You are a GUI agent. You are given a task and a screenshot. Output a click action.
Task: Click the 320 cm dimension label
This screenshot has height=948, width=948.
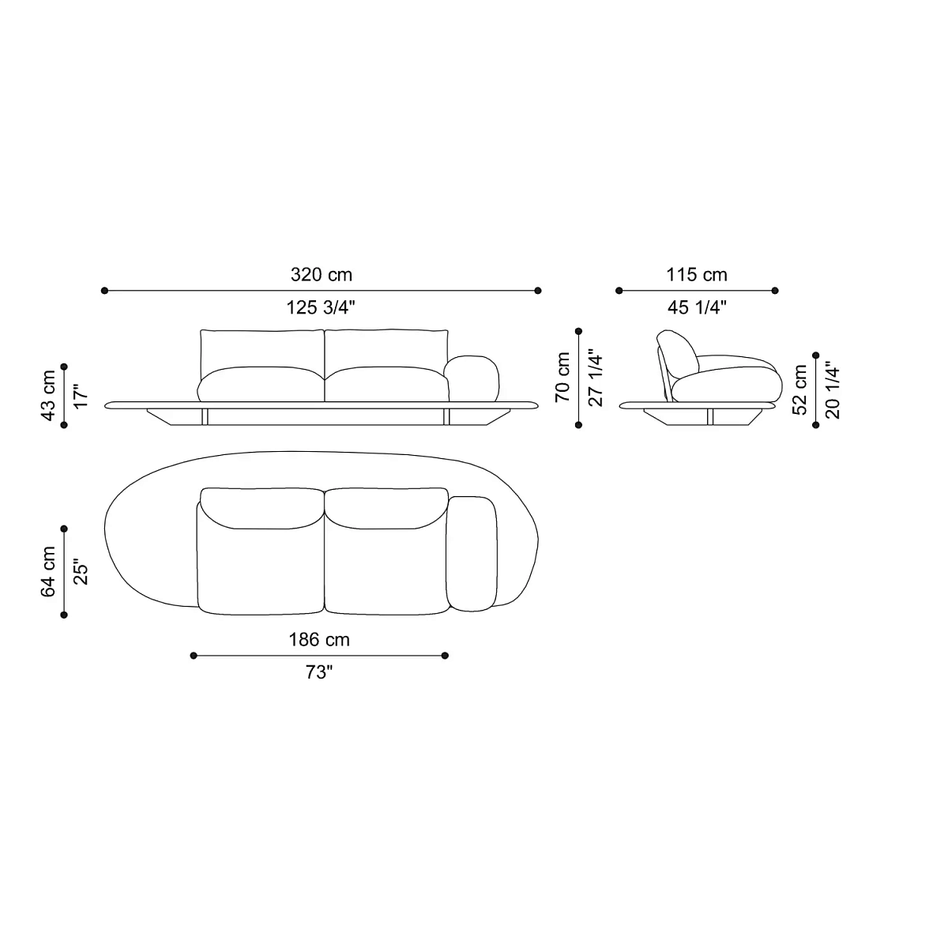321,275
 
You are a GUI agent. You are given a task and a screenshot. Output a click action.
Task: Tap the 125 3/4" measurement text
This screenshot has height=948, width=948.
321,308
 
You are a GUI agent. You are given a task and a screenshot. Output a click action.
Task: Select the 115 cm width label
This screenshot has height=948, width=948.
696,275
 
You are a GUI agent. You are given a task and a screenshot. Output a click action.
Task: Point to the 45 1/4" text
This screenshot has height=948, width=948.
696,308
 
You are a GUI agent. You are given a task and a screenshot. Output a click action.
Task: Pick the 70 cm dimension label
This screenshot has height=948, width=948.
563,378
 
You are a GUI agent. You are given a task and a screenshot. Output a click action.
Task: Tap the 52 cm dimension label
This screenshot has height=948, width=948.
800,389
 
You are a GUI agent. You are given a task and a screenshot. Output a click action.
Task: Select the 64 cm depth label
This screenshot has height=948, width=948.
49,571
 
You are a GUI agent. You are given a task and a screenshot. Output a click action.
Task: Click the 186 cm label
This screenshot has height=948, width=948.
319,640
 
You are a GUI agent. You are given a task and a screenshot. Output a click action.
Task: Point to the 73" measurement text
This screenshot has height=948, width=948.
319,673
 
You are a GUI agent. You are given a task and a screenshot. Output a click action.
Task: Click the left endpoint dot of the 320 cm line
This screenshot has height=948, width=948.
104,291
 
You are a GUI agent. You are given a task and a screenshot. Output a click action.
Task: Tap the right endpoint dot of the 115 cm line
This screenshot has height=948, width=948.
775,291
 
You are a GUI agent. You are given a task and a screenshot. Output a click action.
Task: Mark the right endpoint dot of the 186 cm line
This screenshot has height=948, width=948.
445,655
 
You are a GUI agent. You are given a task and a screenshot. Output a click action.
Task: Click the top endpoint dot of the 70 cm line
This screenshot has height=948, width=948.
578,332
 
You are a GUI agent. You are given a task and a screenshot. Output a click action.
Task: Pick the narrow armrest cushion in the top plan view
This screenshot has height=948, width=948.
472,553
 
